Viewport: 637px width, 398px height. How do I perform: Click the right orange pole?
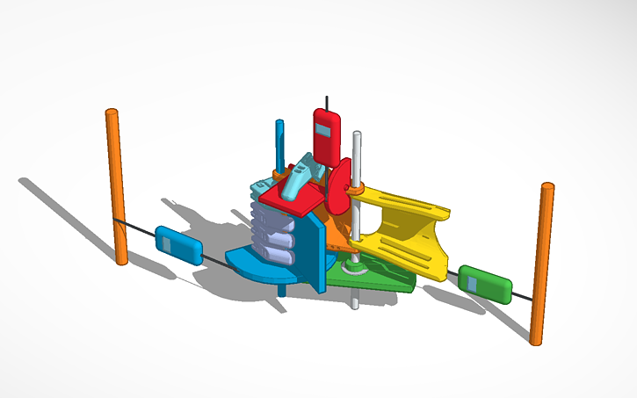(541, 264)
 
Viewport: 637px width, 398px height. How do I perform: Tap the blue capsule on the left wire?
(179, 245)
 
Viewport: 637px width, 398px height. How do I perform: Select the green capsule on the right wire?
(485, 284)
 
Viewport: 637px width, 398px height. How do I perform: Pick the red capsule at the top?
(327, 137)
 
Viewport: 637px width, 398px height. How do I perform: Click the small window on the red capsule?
(322, 131)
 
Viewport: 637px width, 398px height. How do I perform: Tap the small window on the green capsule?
(473, 283)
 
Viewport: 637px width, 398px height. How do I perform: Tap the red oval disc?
(338, 189)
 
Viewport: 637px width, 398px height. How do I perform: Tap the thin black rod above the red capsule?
(327, 102)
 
